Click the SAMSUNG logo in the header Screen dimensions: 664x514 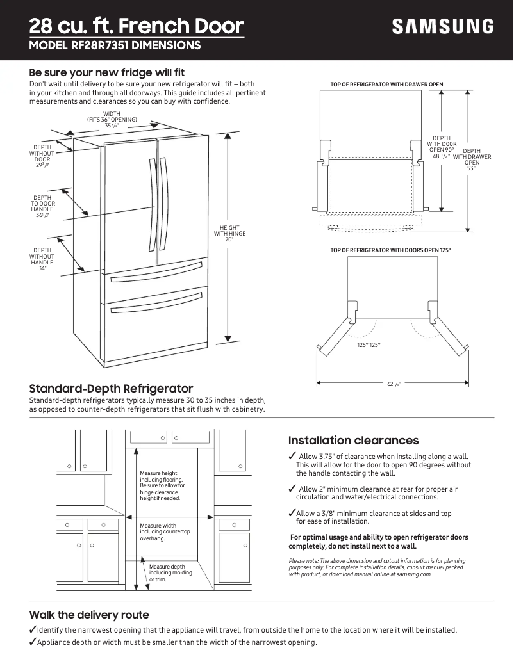point(443,27)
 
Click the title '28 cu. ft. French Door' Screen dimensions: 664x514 point(137,26)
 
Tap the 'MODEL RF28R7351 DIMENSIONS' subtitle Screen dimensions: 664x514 point(115,45)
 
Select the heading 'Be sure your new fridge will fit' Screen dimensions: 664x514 point(107,72)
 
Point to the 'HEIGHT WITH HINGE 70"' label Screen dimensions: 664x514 point(229,234)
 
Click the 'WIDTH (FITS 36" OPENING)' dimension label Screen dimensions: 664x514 point(112,120)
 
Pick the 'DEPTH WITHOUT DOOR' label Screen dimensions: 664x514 point(42,156)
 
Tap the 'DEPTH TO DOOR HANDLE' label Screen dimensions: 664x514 point(42,207)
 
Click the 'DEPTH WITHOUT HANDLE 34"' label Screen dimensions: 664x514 point(42,259)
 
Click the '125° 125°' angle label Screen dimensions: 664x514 point(369,345)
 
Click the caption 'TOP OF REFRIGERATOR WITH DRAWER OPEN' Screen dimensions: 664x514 point(386,85)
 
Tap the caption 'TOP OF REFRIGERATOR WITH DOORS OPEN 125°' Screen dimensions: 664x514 point(390,250)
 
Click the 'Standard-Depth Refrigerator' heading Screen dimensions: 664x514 point(111,389)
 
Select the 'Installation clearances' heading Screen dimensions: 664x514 point(353,441)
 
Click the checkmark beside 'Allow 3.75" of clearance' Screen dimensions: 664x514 point(292,456)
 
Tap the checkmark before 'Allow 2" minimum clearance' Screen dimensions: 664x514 point(292,489)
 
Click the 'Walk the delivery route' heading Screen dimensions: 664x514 point(89,615)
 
